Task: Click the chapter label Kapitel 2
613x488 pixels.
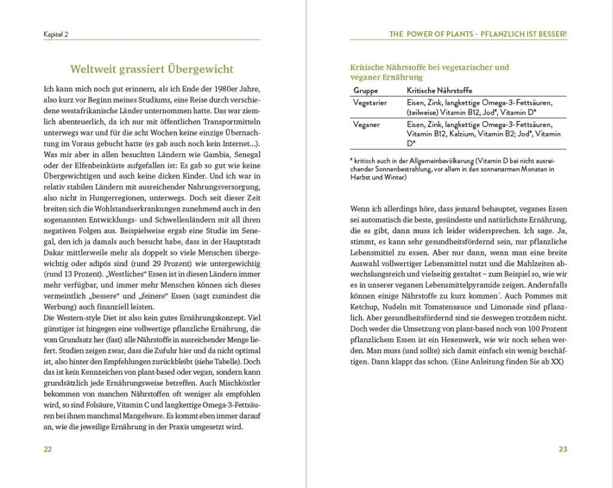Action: pyautogui.click(x=56, y=34)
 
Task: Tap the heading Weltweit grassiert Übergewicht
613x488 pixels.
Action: pyautogui.click(x=151, y=70)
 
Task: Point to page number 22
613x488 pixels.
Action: pyautogui.click(x=48, y=449)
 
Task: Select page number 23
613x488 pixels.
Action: pyautogui.click(x=563, y=449)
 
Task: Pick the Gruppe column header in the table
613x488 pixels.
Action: pyautogui.click(x=366, y=90)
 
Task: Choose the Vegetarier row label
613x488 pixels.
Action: pyautogui.click(x=370, y=103)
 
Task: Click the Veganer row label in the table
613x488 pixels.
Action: pyautogui.click(x=366, y=125)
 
